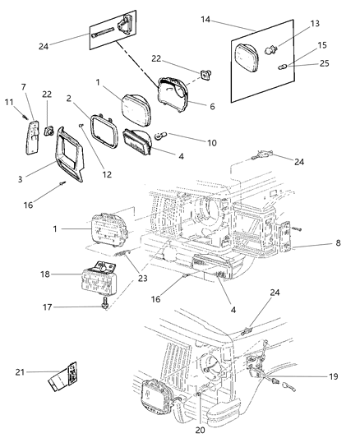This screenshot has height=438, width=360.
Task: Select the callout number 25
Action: [x=324, y=62]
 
